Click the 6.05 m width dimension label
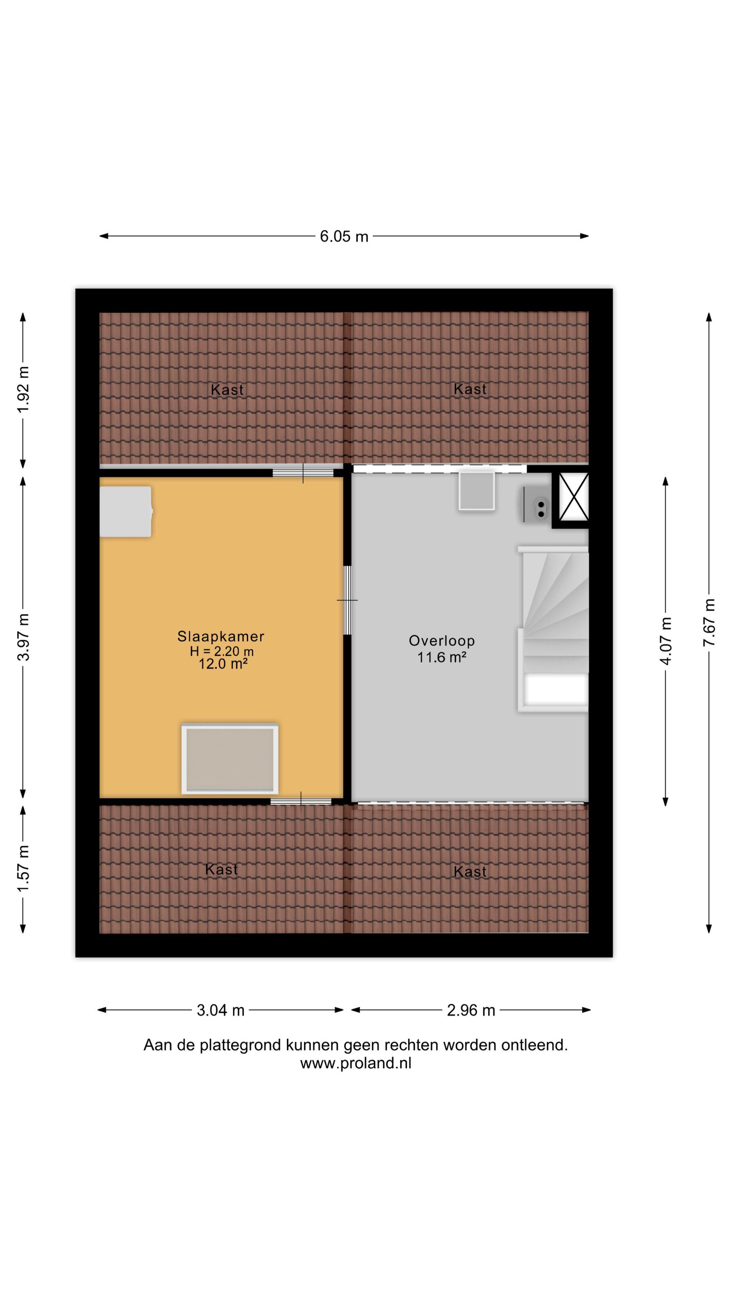pos(343,236)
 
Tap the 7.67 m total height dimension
pos(709,622)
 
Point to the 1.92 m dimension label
pos(23,389)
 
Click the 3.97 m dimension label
pos(23,637)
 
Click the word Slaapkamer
pos(221,637)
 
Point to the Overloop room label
pos(441,641)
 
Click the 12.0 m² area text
pos(223,664)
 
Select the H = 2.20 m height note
pos(222,651)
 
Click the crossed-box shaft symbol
pos(573,496)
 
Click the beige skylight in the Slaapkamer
pos(230,759)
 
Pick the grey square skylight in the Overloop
pos(476,491)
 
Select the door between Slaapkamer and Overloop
pos(347,600)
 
